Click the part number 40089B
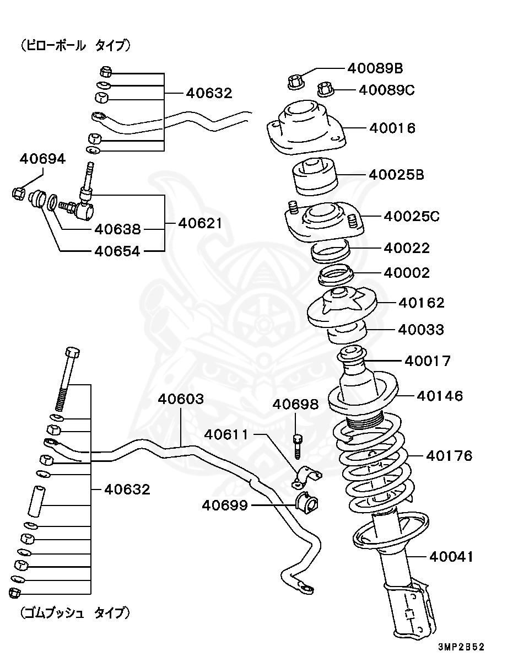[375, 68]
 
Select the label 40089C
[386, 90]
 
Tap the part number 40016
[392, 128]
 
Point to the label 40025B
[396, 175]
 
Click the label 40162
[421, 303]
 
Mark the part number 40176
[449, 456]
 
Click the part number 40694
[42, 159]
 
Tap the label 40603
[181, 399]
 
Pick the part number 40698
[295, 405]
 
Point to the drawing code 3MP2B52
[461, 647]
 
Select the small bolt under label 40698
[298, 445]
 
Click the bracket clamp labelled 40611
[306, 477]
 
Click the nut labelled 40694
[18, 193]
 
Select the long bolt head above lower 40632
[72, 352]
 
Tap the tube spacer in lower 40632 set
[38, 500]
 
